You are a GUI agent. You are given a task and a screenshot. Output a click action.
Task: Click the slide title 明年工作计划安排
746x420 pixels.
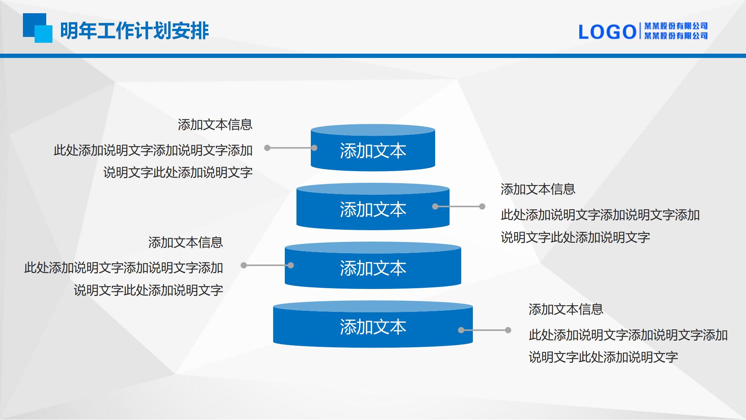click(x=134, y=31)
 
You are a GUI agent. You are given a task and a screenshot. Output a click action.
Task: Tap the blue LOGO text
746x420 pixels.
click(x=607, y=32)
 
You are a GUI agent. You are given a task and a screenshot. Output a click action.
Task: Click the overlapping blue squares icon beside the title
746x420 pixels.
click(x=38, y=28)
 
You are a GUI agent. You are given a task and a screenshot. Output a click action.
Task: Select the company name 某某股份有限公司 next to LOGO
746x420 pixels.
click(x=676, y=31)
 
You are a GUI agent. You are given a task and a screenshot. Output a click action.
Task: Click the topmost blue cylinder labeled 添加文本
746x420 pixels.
click(x=373, y=148)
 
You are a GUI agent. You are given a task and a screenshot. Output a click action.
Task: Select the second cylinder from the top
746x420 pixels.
click(x=373, y=207)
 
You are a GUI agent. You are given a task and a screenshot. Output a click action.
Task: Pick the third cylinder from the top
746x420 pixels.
click(x=373, y=266)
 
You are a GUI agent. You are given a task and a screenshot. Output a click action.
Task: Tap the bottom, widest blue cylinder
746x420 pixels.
click(x=373, y=324)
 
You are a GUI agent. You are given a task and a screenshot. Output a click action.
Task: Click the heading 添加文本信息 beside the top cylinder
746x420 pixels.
click(x=215, y=125)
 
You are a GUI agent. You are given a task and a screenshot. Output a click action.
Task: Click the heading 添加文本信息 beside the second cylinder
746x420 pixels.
click(x=538, y=189)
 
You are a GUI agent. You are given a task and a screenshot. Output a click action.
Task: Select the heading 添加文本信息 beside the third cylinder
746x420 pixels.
click(x=186, y=243)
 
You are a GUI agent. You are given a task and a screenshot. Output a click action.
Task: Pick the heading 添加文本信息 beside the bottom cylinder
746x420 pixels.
click(x=566, y=310)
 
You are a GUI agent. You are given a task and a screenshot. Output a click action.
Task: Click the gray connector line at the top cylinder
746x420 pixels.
click(x=291, y=148)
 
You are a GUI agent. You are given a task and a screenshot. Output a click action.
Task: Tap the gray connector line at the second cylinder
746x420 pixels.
click(x=459, y=206)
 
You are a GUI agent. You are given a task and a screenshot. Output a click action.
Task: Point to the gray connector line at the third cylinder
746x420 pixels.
click(x=267, y=265)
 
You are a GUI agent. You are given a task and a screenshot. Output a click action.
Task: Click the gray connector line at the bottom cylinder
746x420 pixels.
click(x=485, y=330)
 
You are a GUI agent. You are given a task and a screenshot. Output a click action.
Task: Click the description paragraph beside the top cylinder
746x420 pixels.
click(x=153, y=161)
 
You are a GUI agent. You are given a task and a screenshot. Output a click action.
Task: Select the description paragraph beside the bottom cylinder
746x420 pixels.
click(x=628, y=346)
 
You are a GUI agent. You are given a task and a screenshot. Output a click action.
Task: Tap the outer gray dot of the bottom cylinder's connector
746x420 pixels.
click(x=508, y=330)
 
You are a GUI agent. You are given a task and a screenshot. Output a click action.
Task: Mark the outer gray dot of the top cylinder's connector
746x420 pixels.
click(x=267, y=148)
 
